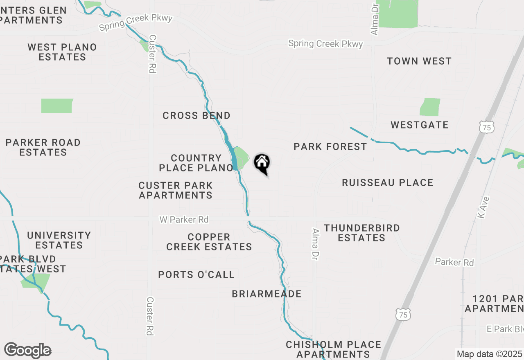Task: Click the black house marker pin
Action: (262, 164)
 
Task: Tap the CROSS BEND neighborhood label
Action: (196, 116)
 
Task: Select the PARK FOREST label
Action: (330, 146)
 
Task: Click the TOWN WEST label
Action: (419, 61)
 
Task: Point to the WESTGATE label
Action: (420, 125)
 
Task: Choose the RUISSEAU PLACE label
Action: (387, 182)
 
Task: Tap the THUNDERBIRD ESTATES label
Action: (362, 233)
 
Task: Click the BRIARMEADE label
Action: (267, 294)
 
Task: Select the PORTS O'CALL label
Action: (196, 274)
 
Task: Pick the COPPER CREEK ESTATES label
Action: (209, 242)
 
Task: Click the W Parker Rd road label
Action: (184, 220)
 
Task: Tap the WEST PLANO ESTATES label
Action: (62, 52)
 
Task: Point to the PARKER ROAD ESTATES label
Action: (43, 147)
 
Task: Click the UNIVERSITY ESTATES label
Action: (59, 240)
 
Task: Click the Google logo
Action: (27, 351)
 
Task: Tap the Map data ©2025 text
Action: (489, 354)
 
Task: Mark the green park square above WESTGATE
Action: (430, 107)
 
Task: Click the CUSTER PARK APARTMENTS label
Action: (176, 190)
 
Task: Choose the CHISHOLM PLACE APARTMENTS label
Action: (333, 349)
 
